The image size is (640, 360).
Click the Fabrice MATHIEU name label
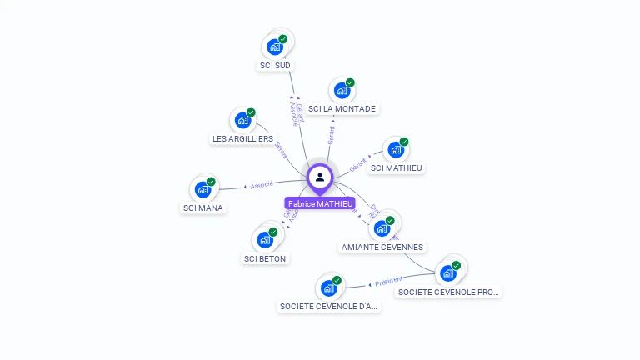click(320, 203)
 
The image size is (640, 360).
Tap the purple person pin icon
click(320, 177)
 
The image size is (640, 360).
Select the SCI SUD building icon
click(275, 47)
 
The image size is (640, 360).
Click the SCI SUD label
click(276, 65)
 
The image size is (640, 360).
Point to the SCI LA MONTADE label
click(342, 108)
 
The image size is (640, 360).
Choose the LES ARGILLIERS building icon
click(242, 120)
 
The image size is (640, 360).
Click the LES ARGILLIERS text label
click(242, 138)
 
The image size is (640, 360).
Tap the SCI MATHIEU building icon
click(396, 150)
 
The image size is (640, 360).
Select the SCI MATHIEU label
click(397, 167)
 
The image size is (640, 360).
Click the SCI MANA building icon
click(202, 190)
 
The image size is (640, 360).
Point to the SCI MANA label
click(203, 207)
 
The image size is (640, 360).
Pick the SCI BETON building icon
click(265, 240)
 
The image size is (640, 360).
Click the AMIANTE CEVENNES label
click(382, 247)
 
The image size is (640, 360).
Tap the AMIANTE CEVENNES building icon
click(382, 228)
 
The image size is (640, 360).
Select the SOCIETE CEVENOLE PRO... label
click(449, 292)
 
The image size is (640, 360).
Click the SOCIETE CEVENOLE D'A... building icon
click(328, 288)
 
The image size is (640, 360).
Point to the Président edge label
click(388, 281)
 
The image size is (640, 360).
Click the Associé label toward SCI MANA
click(262, 184)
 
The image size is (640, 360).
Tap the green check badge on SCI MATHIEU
click(404, 142)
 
